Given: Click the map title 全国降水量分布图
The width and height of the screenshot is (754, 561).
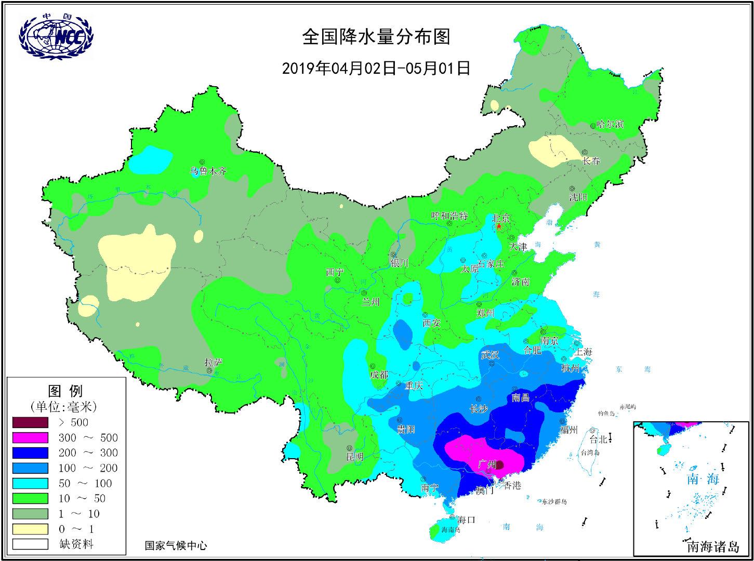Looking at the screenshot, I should tap(376, 37).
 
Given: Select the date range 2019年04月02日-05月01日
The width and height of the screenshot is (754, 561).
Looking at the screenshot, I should tap(376, 68).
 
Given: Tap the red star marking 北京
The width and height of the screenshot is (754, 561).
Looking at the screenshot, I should tap(499, 226).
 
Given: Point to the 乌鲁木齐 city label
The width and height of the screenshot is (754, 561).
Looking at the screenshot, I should tap(208, 171).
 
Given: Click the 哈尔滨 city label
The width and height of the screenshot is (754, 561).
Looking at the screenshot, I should tap(610, 125).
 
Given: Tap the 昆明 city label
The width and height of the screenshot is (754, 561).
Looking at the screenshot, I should tap(355, 457).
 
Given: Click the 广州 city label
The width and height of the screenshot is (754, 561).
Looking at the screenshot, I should tap(486, 464).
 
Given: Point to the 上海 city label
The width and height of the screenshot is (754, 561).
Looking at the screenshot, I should tap(583, 352).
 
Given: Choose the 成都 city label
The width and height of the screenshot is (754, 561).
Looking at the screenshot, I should tap(379, 375).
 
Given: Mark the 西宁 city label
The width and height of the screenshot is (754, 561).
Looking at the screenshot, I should tap(335, 272).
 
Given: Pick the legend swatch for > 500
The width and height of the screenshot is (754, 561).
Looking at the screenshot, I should tap(30, 422).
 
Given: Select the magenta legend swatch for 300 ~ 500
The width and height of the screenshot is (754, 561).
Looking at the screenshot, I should tap(30, 438).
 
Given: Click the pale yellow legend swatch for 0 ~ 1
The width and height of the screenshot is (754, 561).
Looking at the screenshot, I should tap(30, 529).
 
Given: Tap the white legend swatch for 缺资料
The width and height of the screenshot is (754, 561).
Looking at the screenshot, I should tap(30, 544).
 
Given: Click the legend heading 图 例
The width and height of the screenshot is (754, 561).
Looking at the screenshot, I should tap(65, 391).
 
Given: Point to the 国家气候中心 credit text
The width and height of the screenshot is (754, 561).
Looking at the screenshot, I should tap(176, 545).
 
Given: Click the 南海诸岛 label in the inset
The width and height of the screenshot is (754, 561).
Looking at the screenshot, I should tap(712, 546).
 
